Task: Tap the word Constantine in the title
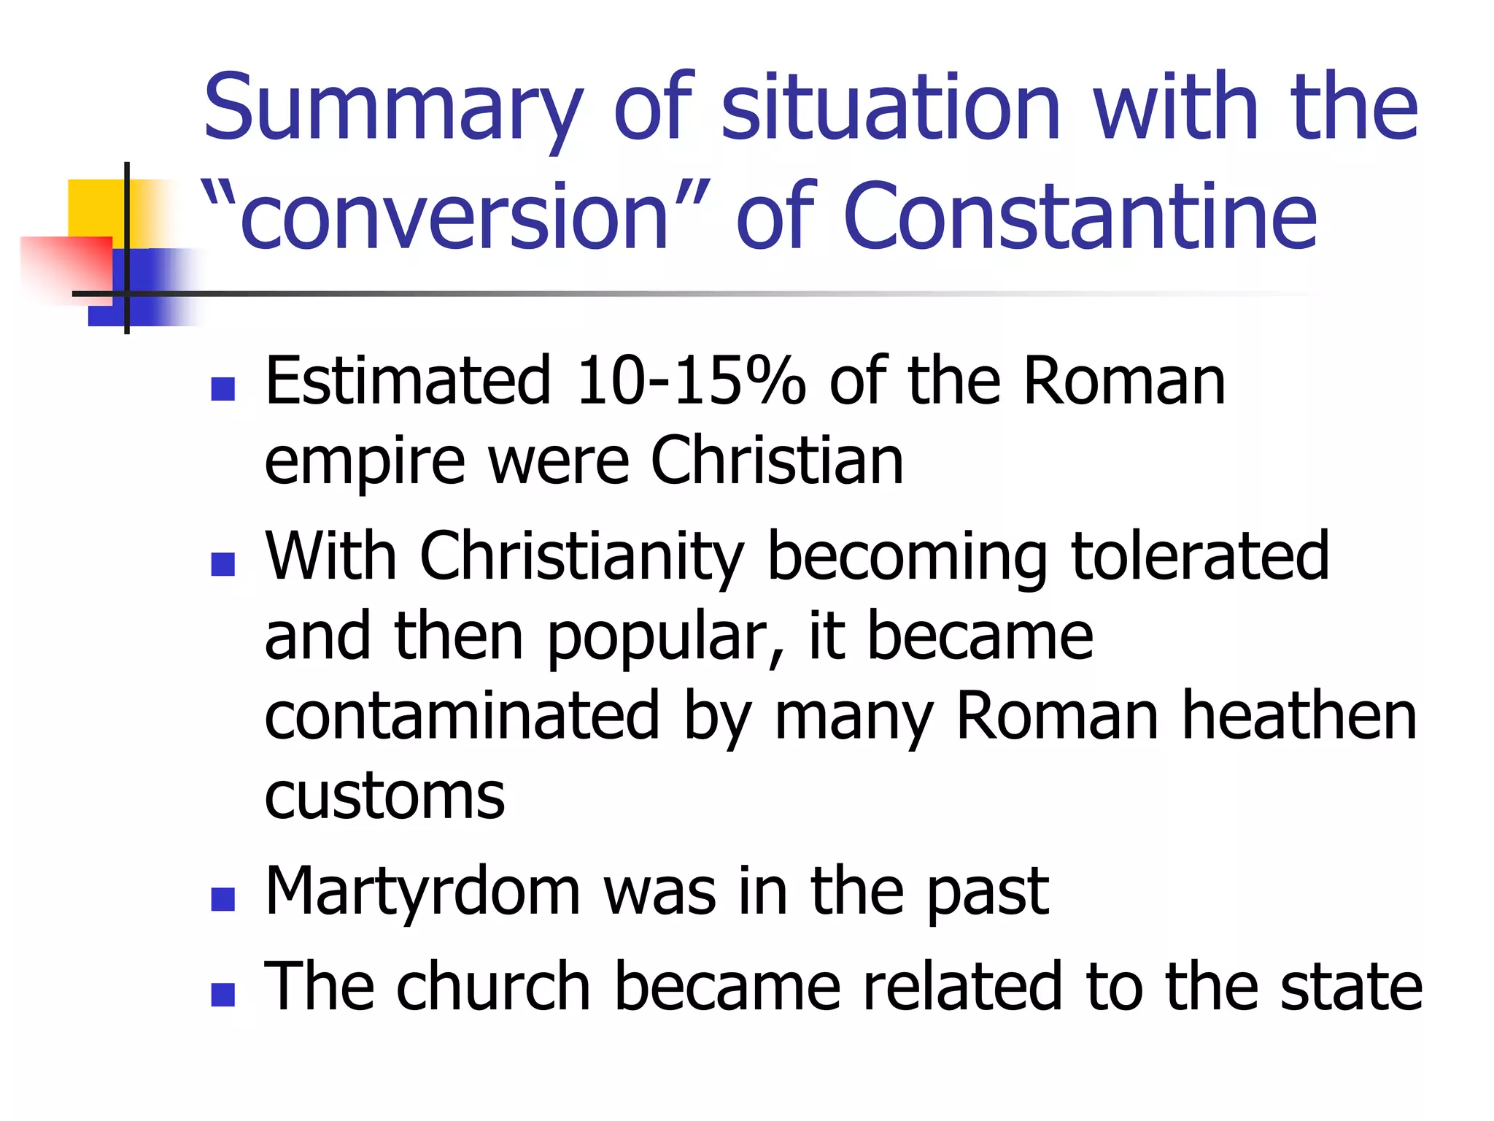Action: pyautogui.click(x=1080, y=217)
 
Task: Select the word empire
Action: pyautogui.click(x=365, y=462)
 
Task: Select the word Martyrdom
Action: pyautogui.click(x=423, y=892)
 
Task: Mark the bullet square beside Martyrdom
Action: pyautogui.click(x=222, y=899)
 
